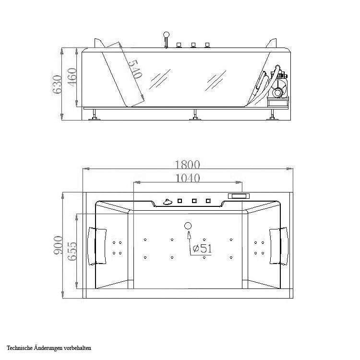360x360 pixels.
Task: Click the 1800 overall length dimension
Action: tap(187, 164)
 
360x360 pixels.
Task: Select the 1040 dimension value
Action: tap(187, 178)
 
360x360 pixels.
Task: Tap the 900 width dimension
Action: tap(58, 245)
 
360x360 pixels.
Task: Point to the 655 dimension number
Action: tap(72, 251)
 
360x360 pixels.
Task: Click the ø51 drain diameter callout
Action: tap(202, 248)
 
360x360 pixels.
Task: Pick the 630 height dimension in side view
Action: tap(57, 84)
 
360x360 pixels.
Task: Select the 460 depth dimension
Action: tap(72, 77)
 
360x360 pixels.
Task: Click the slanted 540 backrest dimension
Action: tap(135, 69)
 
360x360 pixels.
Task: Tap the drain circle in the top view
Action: tap(188, 226)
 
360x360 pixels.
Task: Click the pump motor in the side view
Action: tap(279, 88)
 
